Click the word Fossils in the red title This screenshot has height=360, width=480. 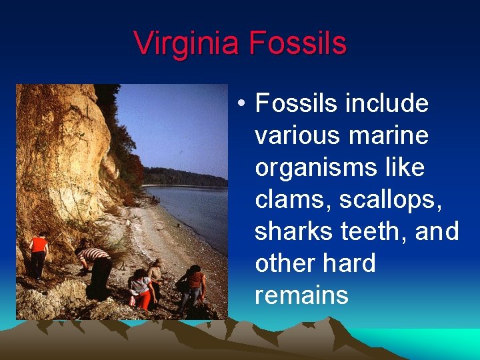(298, 43)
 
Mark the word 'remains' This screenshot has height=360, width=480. (301, 295)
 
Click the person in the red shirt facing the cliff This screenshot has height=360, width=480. (39, 254)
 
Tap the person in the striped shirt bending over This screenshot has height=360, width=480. (96, 267)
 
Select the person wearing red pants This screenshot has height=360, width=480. (141, 289)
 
